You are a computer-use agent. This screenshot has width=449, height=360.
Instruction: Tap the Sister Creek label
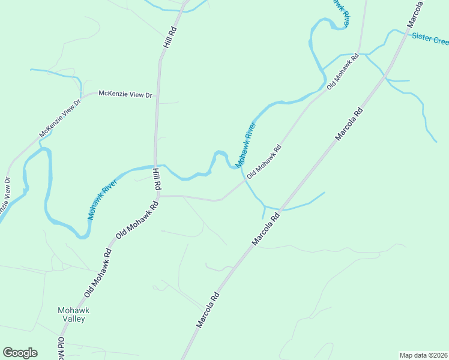pyautogui.click(x=430, y=39)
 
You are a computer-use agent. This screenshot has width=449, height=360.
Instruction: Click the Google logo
pyautogui.click(x=20, y=353)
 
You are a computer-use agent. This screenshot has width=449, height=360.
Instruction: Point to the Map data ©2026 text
pyautogui.click(x=424, y=355)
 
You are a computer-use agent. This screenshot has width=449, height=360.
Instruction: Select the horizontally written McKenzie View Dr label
pyautogui.click(x=126, y=94)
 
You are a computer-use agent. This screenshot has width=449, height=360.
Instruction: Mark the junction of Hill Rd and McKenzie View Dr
pyautogui.click(x=158, y=94)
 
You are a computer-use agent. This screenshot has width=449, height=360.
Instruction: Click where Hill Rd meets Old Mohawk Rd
pyautogui.click(x=158, y=195)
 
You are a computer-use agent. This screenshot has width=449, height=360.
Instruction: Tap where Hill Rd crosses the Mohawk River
pyautogui.click(x=156, y=166)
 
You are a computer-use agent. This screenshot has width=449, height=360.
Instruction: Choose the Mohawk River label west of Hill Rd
pyautogui.click(x=103, y=198)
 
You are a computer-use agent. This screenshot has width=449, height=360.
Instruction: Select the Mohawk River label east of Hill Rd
pyautogui.click(x=246, y=145)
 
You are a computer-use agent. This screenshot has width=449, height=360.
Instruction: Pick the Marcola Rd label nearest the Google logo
pyautogui.click(x=208, y=310)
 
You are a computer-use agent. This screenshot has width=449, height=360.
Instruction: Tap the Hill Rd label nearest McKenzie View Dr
pyautogui.click(x=167, y=37)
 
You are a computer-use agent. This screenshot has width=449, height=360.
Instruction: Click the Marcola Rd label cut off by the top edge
pyautogui.click(x=415, y=13)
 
